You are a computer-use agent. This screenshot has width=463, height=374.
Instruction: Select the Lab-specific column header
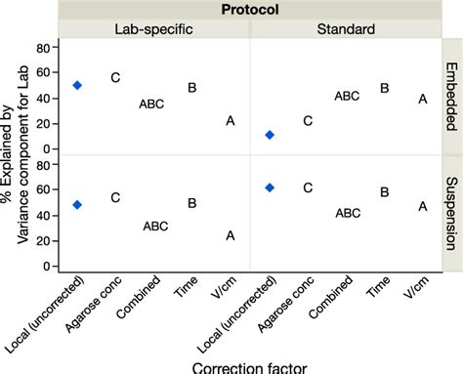pyautogui.click(x=154, y=29)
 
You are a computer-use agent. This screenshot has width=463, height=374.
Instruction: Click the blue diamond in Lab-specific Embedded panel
pyautogui.click(x=77, y=85)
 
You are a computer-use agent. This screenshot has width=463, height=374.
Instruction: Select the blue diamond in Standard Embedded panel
pyautogui.click(x=270, y=135)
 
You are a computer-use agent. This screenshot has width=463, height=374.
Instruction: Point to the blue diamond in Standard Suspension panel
pyautogui.click(x=270, y=187)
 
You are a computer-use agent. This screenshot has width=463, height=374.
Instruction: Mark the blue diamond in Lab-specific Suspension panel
pyautogui.click(x=77, y=205)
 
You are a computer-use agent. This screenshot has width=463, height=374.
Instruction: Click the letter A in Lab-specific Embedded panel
pyautogui.click(x=231, y=121)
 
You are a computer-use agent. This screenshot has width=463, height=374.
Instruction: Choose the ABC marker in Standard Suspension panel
pyautogui.click(x=347, y=213)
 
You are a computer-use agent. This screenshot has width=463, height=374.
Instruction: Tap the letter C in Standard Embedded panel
pyautogui.click(x=308, y=121)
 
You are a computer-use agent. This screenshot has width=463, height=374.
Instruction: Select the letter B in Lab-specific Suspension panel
pyautogui.click(x=192, y=203)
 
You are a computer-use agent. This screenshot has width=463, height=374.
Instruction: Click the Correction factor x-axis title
pyautogui.click(x=249, y=366)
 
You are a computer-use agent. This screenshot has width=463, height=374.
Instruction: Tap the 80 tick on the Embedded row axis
pyautogui.click(x=43, y=48)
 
